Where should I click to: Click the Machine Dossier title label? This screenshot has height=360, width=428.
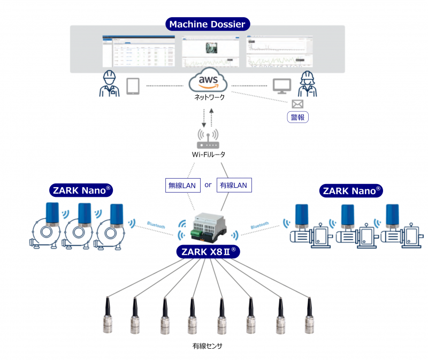pyautogui.click(x=207, y=24)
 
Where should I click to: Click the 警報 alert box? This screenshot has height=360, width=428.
pyautogui.click(x=298, y=117)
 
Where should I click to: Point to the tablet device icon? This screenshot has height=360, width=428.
pyautogui.click(x=133, y=86)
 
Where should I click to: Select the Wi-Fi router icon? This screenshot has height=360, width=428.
pyautogui.click(x=208, y=140)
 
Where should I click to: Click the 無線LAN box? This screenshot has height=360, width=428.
pyautogui.click(x=182, y=185)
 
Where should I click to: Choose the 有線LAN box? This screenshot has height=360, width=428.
pyautogui.click(x=234, y=185)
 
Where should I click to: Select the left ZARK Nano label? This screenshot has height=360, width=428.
pyautogui.click(x=81, y=190)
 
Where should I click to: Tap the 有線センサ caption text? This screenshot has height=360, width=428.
pyautogui.click(x=207, y=346)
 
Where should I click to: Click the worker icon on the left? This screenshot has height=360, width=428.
pyautogui.click(x=109, y=84)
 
